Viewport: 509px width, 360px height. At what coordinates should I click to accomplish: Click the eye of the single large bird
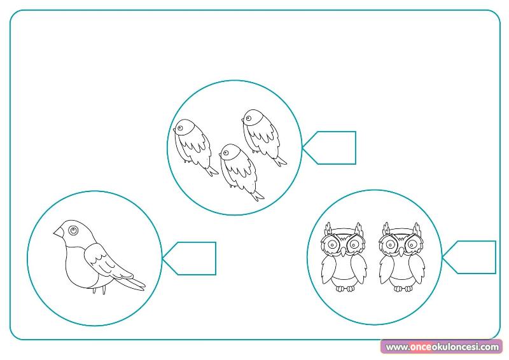click(73, 230)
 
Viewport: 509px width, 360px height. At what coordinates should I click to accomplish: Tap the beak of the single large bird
click(59, 232)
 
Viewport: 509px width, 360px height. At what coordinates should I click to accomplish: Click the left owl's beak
click(343, 251)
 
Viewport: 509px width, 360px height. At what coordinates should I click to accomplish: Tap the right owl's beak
click(401, 251)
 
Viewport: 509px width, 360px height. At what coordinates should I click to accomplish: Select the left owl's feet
click(345, 288)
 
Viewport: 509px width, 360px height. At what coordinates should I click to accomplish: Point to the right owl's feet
click(403, 288)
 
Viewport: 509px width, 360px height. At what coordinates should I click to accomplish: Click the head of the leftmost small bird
click(184, 127)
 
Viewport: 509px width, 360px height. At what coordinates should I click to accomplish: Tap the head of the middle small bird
click(230, 152)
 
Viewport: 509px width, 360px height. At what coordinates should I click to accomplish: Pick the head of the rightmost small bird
click(252, 118)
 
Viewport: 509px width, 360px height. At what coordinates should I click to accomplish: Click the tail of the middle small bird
click(257, 196)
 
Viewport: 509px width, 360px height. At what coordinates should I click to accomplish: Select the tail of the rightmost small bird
click(280, 162)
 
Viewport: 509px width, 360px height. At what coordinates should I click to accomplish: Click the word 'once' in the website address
click(421, 347)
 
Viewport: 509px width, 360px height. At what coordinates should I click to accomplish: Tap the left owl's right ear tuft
click(358, 229)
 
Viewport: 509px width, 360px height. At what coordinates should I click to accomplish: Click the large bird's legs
click(99, 290)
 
